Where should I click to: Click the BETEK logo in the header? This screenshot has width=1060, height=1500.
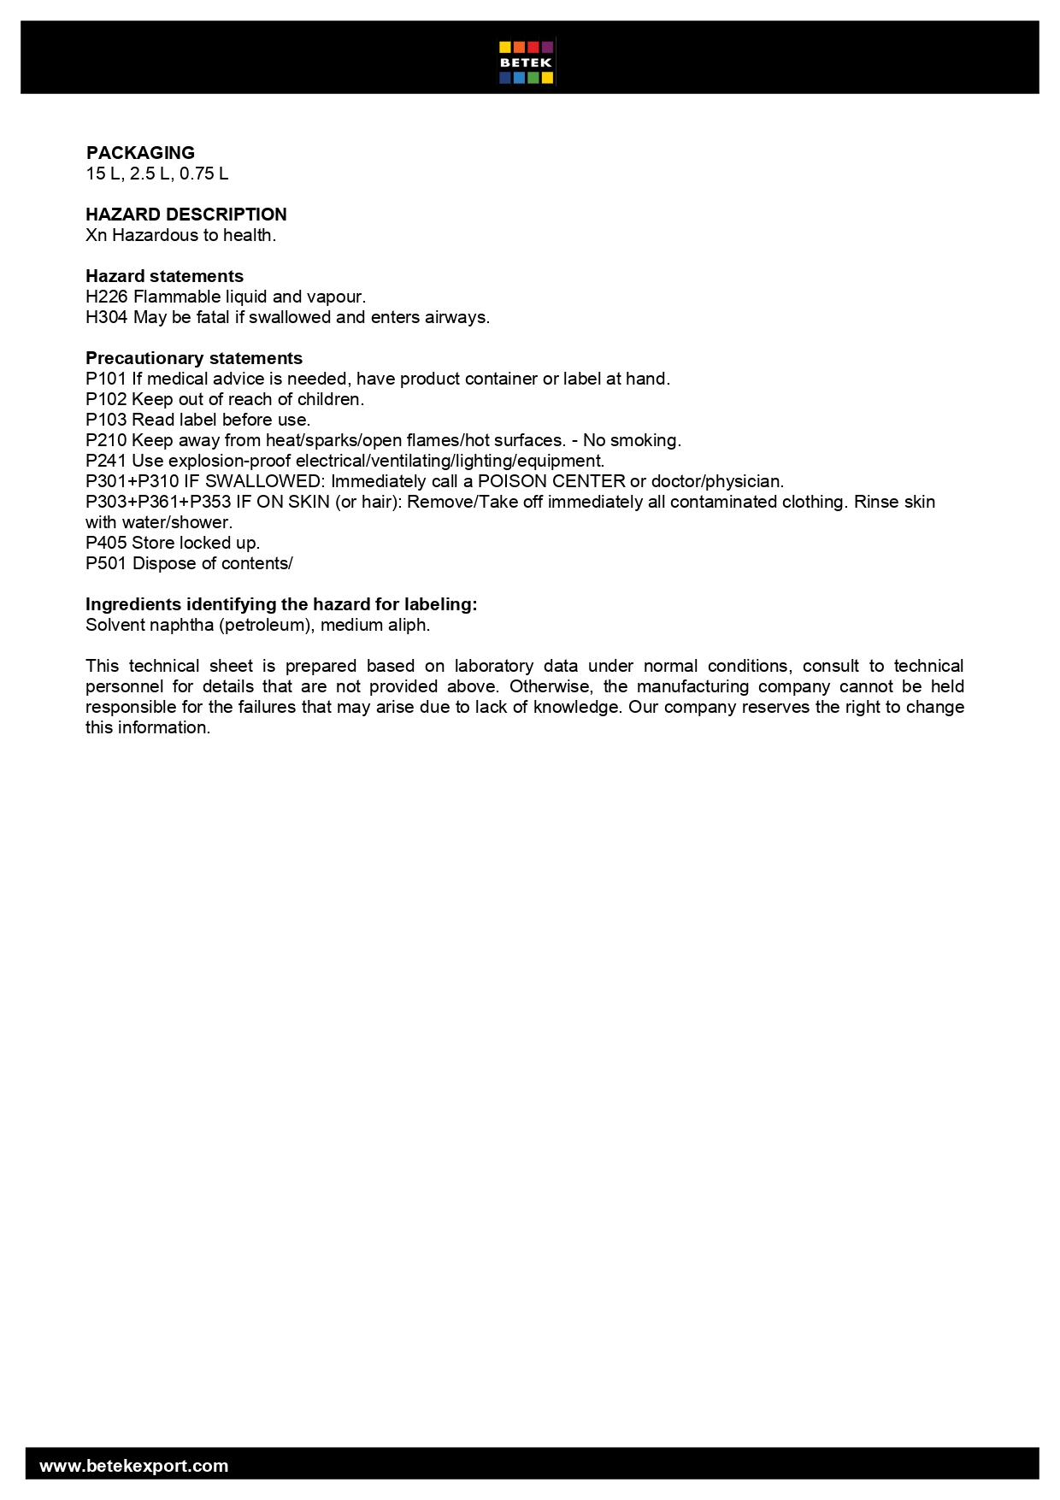pyautogui.click(x=527, y=62)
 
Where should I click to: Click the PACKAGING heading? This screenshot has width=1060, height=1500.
pyautogui.click(x=140, y=153)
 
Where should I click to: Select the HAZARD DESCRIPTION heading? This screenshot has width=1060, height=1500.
pyautogui.click(x=186, y=215)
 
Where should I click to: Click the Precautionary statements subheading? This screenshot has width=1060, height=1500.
pyautogui.click(x=194, y=358)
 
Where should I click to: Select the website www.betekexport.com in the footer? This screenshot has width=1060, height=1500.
pyautogui.click(x=134, y=1466)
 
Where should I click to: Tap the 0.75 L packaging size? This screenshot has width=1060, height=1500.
pyautogui.click(x=203, y=174)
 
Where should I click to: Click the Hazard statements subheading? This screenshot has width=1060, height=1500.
pyautogui.click(x=164, y=276)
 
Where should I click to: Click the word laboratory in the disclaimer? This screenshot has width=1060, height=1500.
pyautogui.click(x=494, y=666)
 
